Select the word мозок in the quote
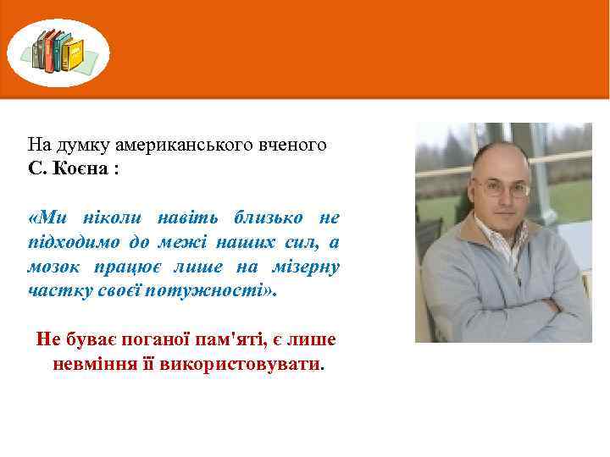[53, 267]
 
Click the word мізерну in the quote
[305, 267]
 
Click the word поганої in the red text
[145, 339]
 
